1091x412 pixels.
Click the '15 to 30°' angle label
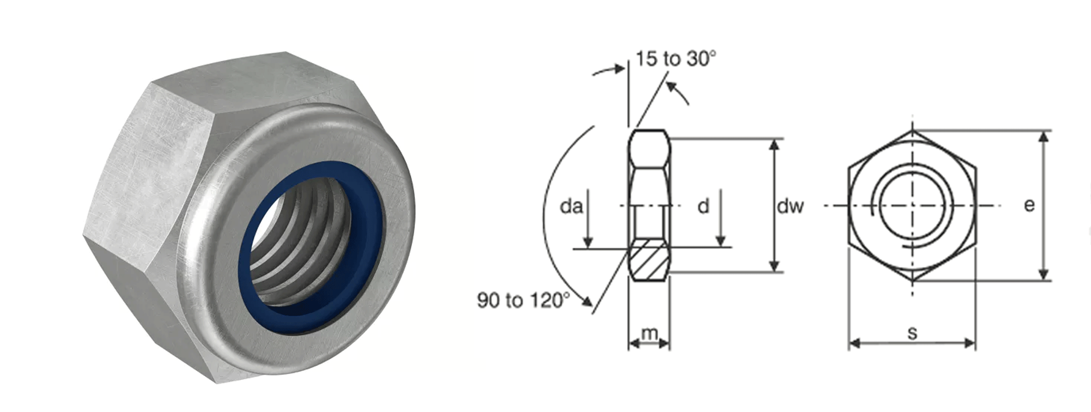676,59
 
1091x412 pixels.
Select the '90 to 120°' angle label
523,300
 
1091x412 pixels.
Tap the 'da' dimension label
571,206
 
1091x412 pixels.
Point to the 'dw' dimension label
790,206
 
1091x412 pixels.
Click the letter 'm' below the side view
649,333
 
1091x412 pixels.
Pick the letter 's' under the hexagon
912,333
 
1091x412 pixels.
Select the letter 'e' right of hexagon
1029,205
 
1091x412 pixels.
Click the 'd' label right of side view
703,206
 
